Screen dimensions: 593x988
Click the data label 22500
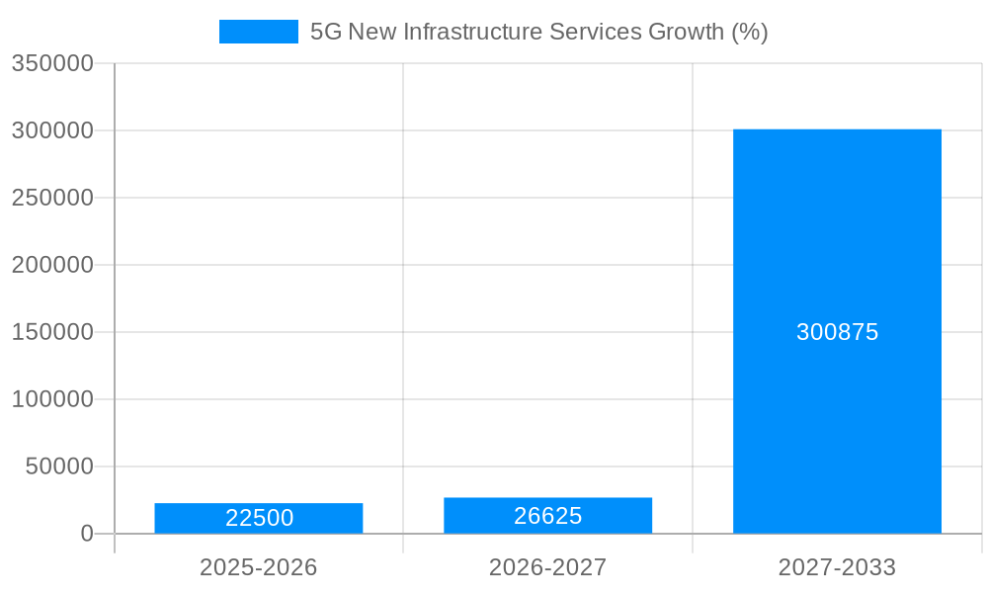259,518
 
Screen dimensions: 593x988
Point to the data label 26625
547,516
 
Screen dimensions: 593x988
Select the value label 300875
837,332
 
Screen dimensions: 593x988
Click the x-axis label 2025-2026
259,567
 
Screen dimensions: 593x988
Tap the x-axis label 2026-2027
547,567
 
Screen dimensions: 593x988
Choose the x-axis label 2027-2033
837,567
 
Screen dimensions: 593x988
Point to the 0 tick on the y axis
86,534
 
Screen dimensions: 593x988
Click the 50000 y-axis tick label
58,466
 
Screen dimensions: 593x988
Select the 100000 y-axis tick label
52,399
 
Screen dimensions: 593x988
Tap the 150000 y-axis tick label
52,332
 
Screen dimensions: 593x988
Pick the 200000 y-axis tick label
52,265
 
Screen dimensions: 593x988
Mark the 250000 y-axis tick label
52,198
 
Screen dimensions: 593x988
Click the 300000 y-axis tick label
52,130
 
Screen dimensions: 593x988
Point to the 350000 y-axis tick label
52,63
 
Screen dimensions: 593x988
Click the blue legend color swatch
258,32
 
